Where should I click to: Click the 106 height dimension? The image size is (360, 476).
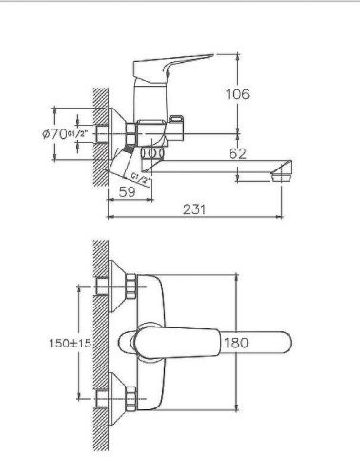click(x=238, y=94)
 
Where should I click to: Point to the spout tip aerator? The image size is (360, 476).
click(x=280, y=174)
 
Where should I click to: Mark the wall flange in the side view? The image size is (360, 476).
click(x=115, y=134)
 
